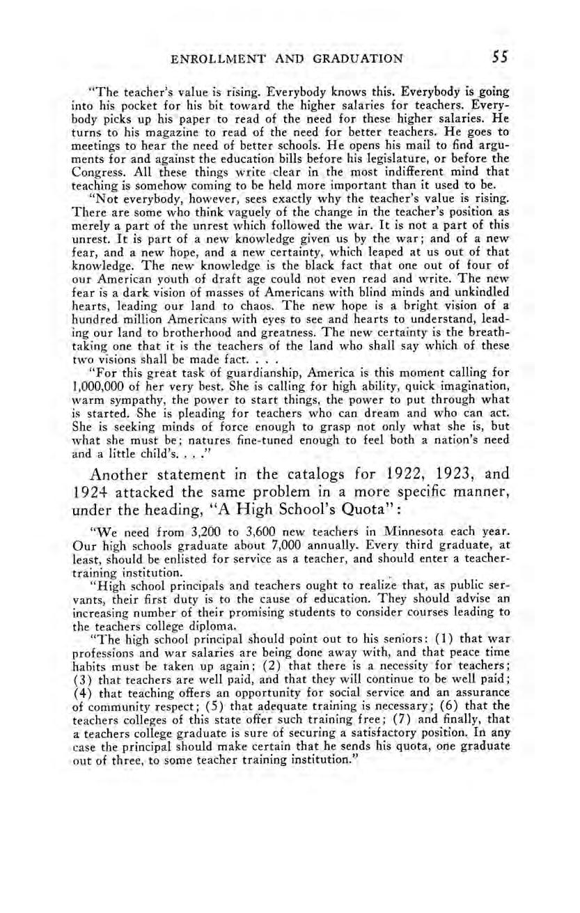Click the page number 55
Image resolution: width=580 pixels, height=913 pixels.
(499, 58)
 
